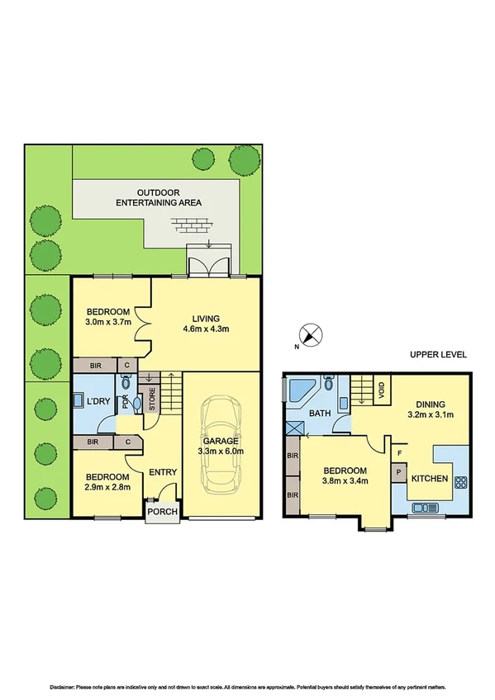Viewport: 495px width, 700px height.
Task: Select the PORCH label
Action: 161,511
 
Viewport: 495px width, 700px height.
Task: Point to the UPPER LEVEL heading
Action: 438,354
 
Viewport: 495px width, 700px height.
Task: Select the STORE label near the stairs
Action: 151,402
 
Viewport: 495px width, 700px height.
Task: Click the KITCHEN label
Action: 430,479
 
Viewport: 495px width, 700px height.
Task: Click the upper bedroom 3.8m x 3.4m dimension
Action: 344,478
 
